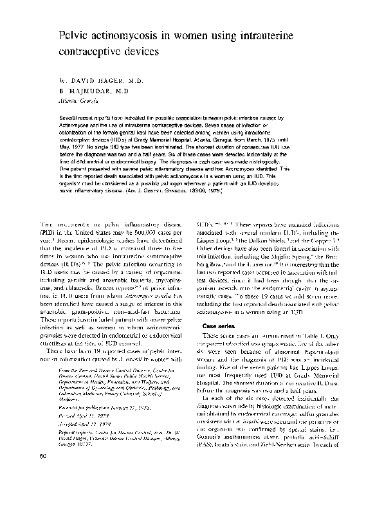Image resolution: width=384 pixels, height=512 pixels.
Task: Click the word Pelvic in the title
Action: click(x=74, y=32)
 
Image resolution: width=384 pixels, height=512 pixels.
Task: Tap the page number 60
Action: click(x=25, y=492)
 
